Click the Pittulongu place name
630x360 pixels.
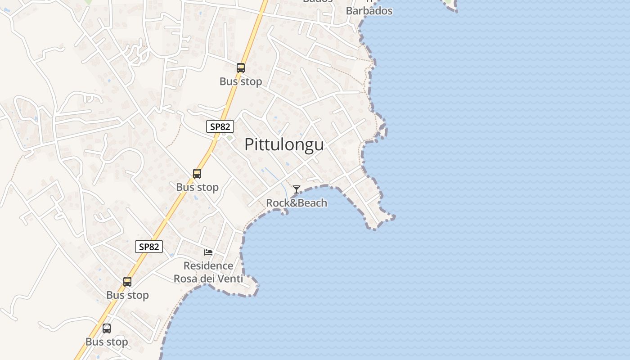[x=284, y=144]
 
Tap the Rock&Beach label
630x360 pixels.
[x=297, y=203]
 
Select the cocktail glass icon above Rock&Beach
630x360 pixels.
[x=296, y=189]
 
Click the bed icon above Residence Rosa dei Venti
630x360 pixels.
[x=208, y=252]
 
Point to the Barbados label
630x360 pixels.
[x=369, y=11]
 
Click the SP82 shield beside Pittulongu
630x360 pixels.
[x=220, y=126]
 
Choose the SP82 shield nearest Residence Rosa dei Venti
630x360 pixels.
[x=149, y=247]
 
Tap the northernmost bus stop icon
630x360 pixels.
[x=241, y=68]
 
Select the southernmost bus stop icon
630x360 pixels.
[x=107, y=328]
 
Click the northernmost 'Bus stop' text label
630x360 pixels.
[x=241, y=81]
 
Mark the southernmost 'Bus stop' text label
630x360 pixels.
[x=107, y=342]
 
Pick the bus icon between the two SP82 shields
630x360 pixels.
[x=197, y=174]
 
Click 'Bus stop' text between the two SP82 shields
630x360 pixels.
[x=197, y=187]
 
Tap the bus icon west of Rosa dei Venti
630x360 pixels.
[x=127, y=282]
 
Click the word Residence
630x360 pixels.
[x=208, y=265]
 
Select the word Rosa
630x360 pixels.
[x=185, y=279]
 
